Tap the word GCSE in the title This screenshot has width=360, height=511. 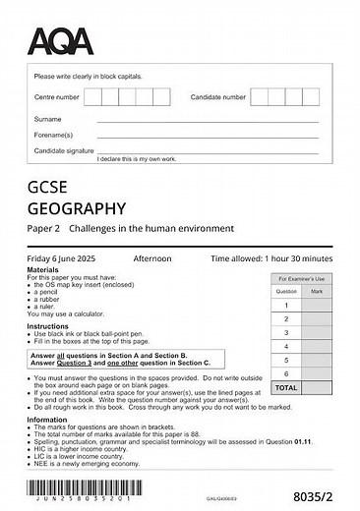[49, 187]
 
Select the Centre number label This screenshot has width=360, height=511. [57, 98]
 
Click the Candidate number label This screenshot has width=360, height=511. [218, 98]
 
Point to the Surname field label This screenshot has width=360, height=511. [48, 119]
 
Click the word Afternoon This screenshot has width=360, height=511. [152, 258]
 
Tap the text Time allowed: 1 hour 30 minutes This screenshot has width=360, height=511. [271, 258]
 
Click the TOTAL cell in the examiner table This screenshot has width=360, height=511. [285, 388]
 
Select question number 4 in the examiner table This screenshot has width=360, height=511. [285, 347]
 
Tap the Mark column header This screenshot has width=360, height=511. [316, 292]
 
